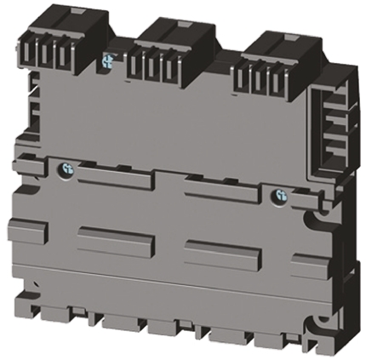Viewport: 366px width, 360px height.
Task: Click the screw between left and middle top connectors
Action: pos(108,60)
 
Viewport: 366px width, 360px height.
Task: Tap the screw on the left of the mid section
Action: pos(66,170)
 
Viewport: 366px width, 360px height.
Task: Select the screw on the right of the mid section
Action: pos(277,195)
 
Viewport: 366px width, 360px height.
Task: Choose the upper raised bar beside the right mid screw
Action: pos(219,191)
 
